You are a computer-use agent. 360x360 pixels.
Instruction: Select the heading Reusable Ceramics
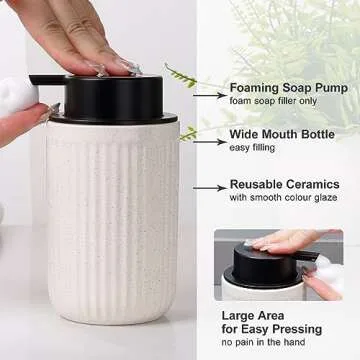click(285, 185)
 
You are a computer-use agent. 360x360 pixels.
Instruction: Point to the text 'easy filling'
click(252, 149)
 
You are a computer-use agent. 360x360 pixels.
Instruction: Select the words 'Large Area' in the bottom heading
click(249, 315)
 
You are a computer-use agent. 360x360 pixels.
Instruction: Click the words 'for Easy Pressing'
click(272, 329)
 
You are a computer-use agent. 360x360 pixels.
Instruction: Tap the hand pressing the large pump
click(80, 40)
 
